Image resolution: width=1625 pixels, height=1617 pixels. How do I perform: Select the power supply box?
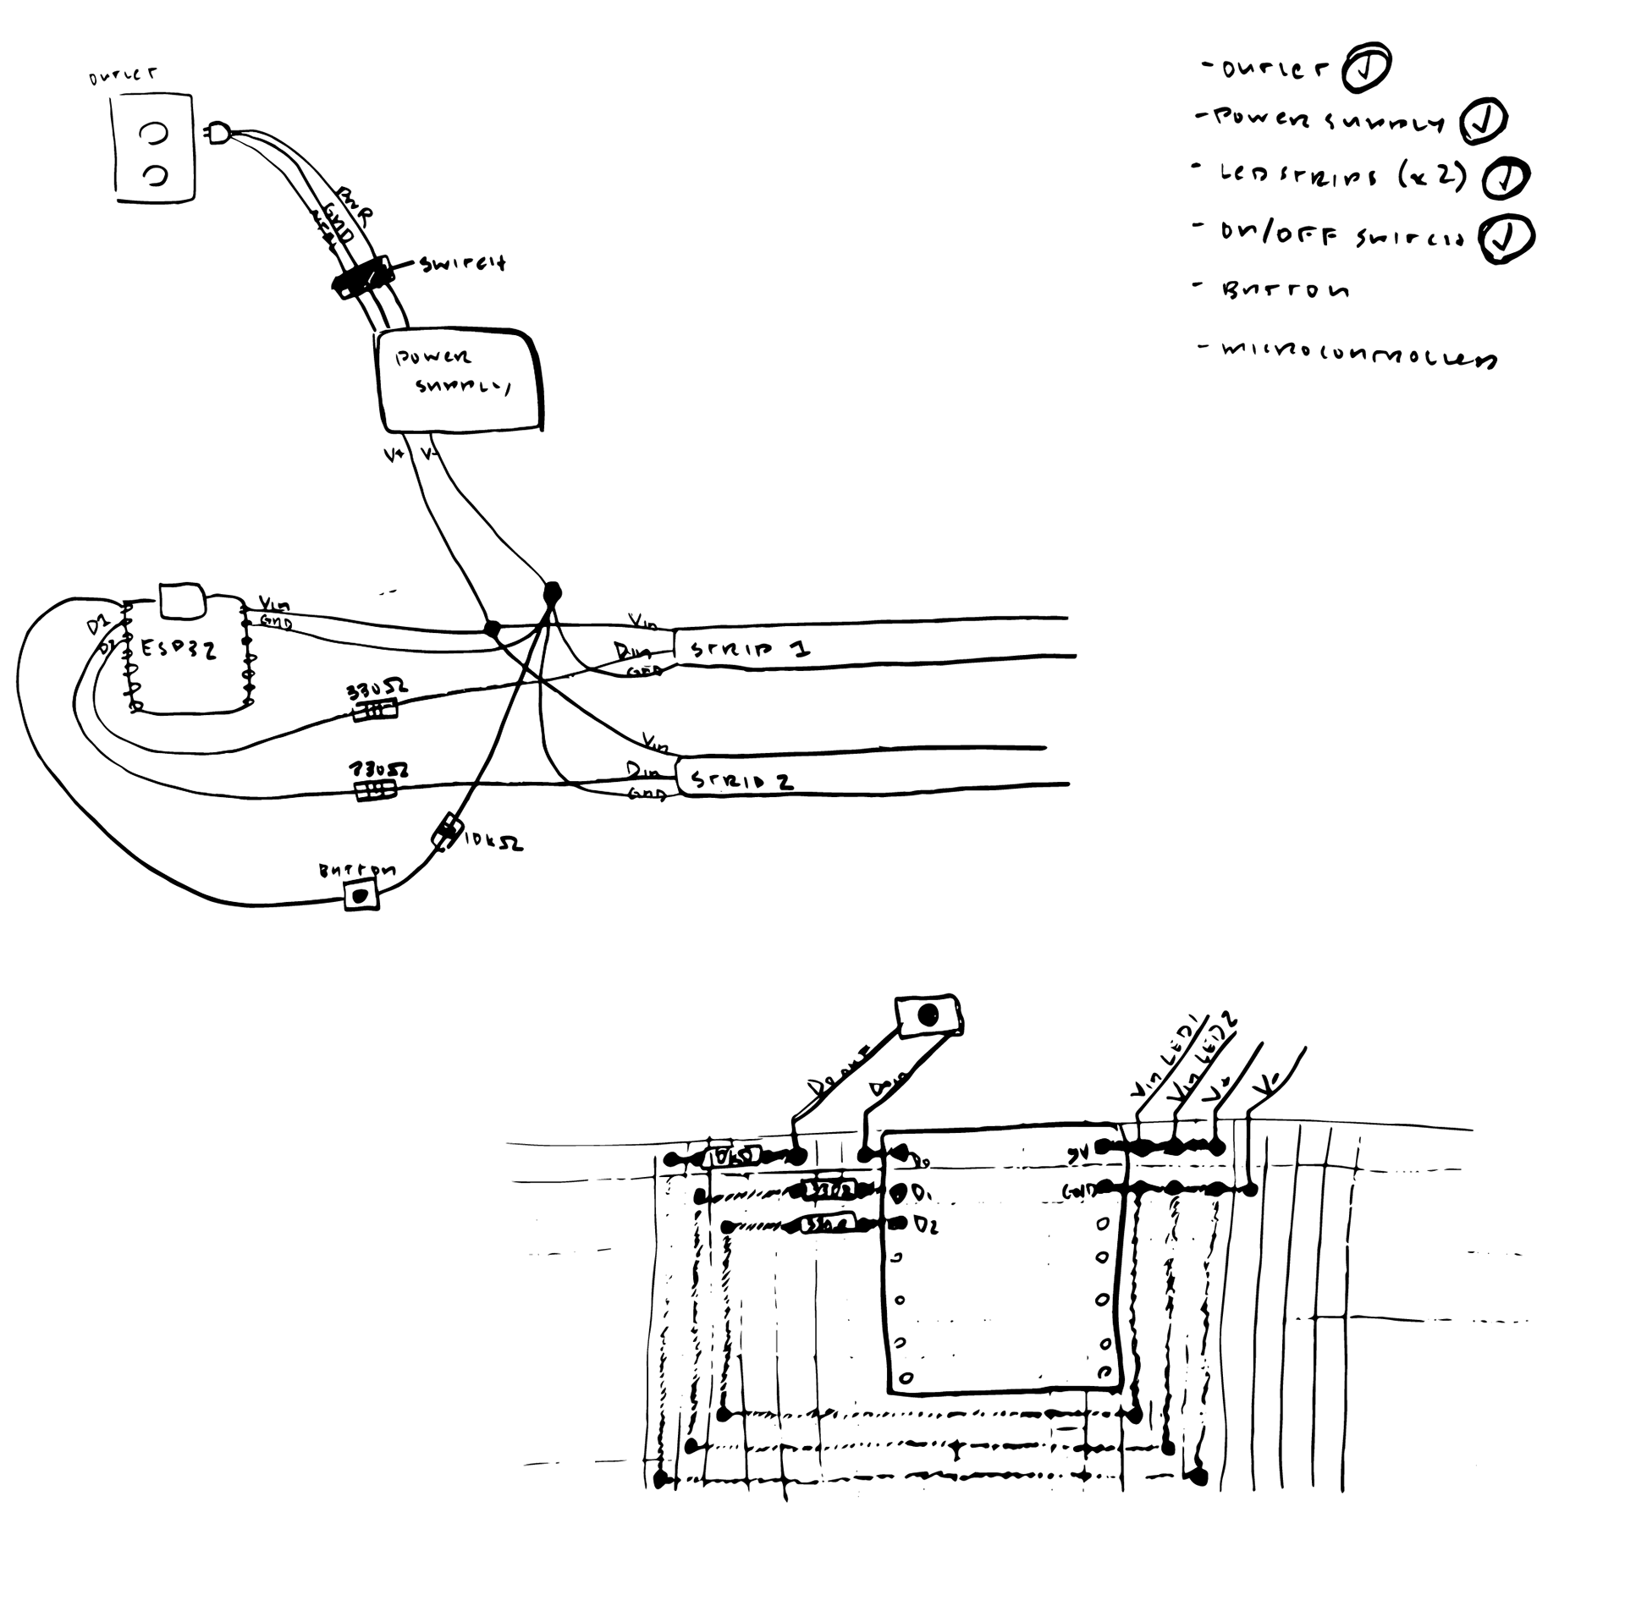[458, 380]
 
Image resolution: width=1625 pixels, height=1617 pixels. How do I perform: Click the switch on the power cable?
[363, 278]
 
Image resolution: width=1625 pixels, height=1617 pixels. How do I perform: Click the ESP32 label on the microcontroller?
[178, 649]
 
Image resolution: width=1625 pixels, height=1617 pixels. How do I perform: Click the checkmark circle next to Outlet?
[1365, 67]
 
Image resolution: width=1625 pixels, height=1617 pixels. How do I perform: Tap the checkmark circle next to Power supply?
[1483, 121]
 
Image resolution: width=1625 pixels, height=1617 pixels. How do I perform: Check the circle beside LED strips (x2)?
[1506, 178]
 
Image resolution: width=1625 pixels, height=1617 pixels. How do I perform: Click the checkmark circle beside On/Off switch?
[1506, 238]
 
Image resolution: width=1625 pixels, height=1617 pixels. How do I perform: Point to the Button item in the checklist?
[1285, 290]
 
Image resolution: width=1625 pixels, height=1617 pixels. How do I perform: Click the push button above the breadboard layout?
[928, 1015]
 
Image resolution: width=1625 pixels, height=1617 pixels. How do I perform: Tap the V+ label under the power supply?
[394, 455]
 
